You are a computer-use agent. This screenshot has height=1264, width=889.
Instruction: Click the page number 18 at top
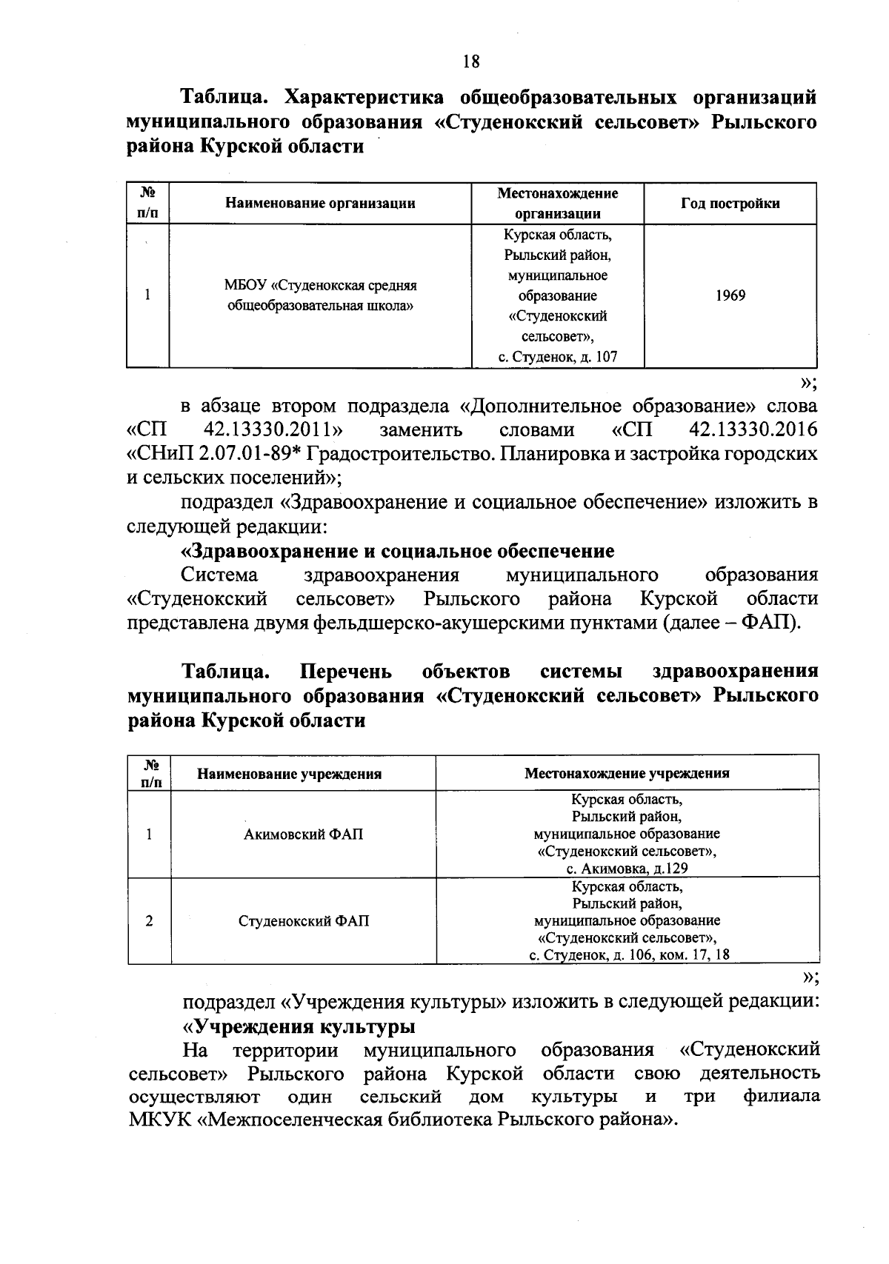471,61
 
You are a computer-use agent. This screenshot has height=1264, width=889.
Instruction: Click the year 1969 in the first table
730,295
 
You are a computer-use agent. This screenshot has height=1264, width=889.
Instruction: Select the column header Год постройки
730,203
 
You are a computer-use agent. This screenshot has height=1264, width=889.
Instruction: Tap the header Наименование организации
320,203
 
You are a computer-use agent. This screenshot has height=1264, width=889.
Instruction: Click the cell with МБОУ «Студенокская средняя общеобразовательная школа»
320,295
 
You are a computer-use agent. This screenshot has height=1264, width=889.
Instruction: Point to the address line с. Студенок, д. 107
557,358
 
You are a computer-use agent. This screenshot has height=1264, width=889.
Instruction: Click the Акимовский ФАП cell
304,835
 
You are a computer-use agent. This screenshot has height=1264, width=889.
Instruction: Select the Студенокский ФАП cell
304,921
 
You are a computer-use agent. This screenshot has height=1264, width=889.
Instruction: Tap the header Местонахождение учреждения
627,773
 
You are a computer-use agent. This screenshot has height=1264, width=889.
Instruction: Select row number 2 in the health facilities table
150,921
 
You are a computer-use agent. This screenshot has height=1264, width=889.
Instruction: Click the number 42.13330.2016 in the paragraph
753,429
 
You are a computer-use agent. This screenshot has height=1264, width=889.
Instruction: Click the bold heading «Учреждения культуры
299,1026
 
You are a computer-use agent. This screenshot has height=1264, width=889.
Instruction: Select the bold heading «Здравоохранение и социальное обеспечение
398,551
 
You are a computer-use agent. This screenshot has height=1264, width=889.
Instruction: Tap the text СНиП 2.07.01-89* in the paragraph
215,454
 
